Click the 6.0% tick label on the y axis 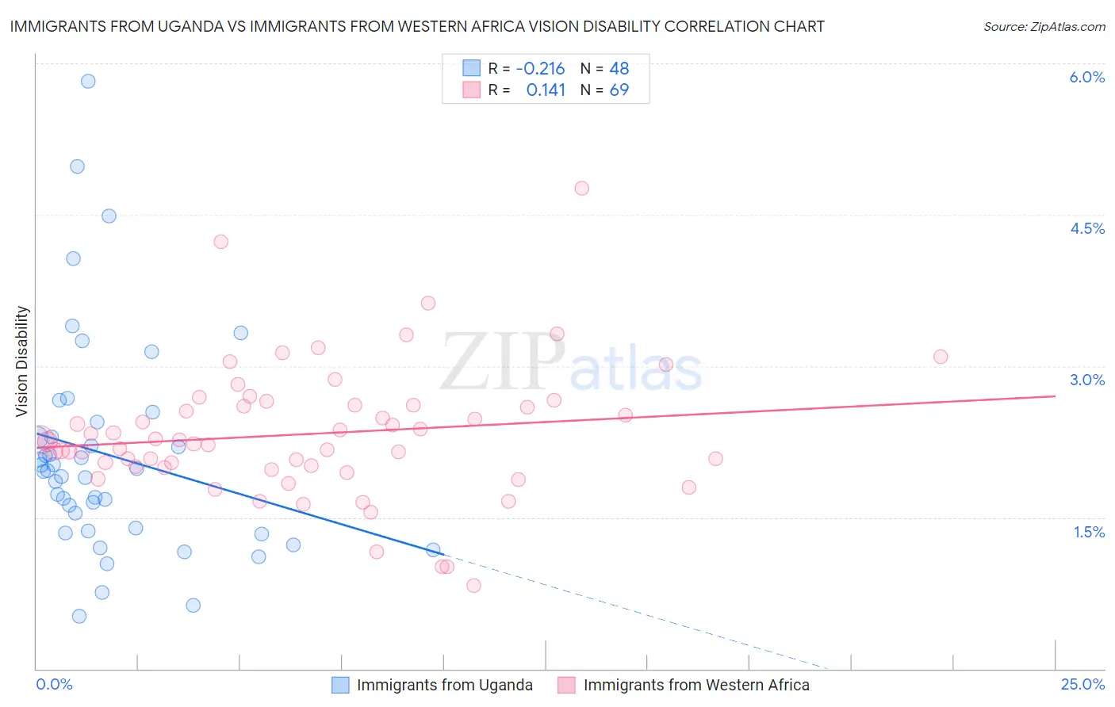1086,77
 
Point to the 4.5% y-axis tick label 1086,228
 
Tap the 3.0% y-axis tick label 1086,380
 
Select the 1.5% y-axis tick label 1089,532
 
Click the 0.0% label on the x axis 54,684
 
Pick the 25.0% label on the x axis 1082,684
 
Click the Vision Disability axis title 22,361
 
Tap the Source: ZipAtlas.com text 1044,26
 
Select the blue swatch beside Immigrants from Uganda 340,685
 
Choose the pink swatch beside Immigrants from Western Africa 566,685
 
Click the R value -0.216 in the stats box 540,68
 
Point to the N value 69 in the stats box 619,90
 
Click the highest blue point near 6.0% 88,81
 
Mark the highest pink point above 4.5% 581,188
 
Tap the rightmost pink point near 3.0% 941,357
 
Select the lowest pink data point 473,586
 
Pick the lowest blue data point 79,616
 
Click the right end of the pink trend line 1055,396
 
